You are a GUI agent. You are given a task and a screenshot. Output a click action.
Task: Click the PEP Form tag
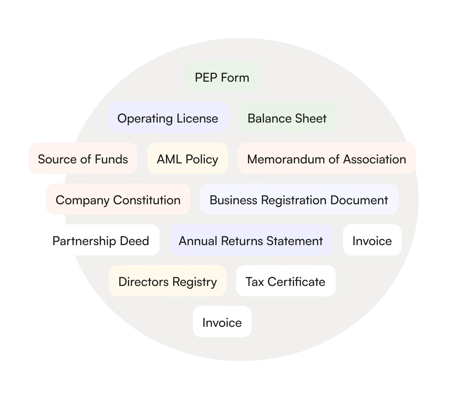[x=222, y=77]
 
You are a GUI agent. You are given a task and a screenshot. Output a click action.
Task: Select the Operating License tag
[x=168, y=118]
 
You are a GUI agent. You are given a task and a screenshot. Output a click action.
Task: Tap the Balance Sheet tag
[x=287, y=118]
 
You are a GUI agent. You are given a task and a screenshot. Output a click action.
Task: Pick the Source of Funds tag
[x=83, y=159]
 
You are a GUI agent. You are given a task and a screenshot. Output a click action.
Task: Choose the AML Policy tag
[x=187, y=159]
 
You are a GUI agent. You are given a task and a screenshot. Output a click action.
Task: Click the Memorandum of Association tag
[x=326, y=159]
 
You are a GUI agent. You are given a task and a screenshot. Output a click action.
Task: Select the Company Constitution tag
[x=118, y=199]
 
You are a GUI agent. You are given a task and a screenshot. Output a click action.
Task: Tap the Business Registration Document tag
[x=299, y=199]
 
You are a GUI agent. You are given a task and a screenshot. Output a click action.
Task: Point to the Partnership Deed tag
[x=100, y=240]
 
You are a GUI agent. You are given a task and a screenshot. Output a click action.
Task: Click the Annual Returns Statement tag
[x=251, y=240]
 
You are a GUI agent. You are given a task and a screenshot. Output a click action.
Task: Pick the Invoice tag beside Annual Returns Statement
[x=372, y=240]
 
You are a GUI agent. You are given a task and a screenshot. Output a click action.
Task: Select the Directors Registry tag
[x=167, y=281]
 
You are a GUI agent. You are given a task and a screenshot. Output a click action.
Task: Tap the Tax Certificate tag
[x=285, y=281]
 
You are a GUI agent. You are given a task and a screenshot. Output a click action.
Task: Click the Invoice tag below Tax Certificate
[x=222, y=322]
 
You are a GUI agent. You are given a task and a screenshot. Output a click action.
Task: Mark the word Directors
[x=140, y=282]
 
